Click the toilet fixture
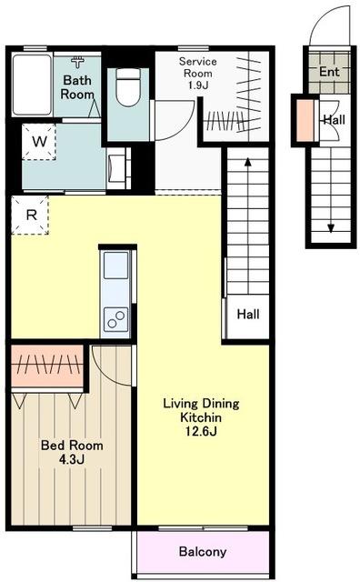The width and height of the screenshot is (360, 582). [x=128, y=87]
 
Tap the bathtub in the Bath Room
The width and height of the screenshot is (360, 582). [x=32, y=85]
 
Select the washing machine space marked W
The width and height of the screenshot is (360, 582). [x=39, y=142]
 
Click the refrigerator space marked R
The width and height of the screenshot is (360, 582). [x=30, y=216]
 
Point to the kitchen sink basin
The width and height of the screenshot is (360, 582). [x=115, y=265]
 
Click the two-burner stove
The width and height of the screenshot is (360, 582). [x=115, y=319]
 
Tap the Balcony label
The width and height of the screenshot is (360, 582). [x=202, y=552]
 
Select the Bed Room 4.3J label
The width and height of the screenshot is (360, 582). [x=72, y=452]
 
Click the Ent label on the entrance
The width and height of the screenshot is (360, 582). [x=329, y=72]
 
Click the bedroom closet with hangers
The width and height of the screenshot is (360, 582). [x=47, y=366]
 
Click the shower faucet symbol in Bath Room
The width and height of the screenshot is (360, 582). [x=77, y=62]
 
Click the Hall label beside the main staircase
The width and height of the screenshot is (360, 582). [x=248, y=315]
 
